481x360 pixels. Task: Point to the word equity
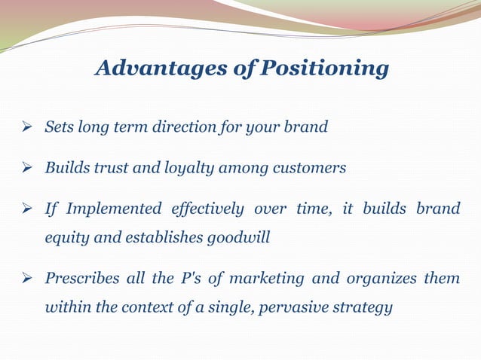pos(67,237)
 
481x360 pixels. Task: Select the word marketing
pos(266,279)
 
